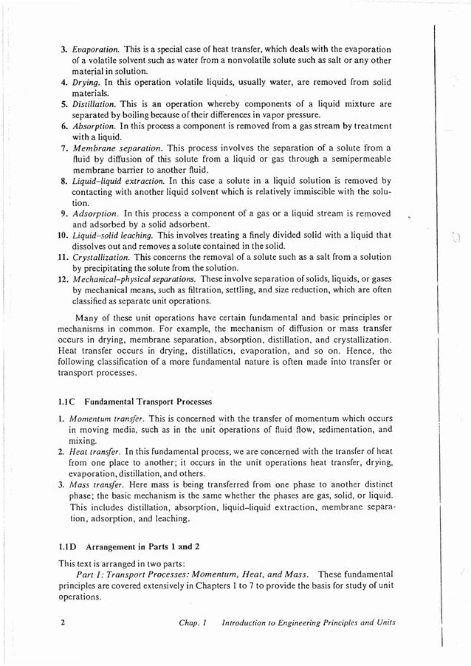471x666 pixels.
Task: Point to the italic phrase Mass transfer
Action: pos(95,484)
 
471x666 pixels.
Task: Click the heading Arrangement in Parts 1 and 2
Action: pos(143,547)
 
